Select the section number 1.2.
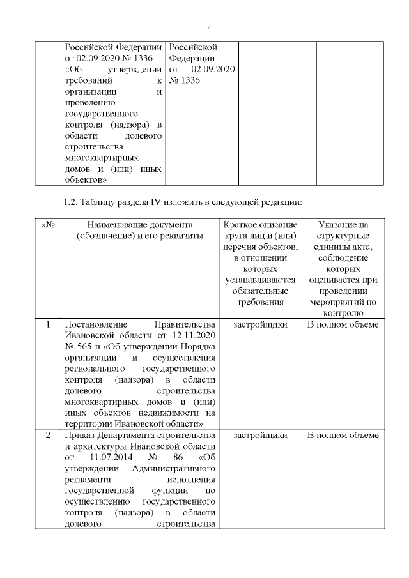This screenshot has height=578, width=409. (x=72, y=202)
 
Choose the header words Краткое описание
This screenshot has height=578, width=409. (x=258, y=225)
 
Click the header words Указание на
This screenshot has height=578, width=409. (x=343, y=225)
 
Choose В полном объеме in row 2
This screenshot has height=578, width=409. (x=343, y=435)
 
